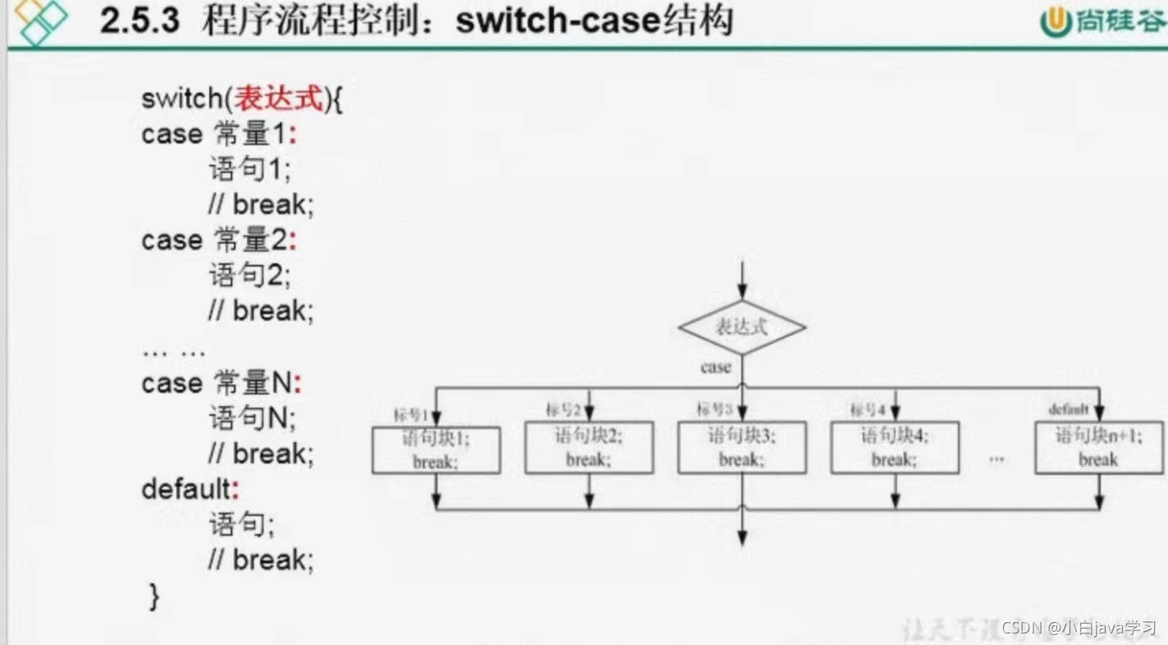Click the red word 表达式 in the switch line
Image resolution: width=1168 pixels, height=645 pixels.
coord(279,99)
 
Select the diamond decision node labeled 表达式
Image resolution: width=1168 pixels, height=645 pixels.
coord(741,327)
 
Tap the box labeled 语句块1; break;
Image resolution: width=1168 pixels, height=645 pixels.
coord(436,450)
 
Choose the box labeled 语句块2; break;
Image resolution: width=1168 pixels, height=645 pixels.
coord(589,447)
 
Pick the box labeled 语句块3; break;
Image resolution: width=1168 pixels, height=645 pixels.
coord(741,447)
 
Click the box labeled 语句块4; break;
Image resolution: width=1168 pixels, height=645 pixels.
coord(895,447)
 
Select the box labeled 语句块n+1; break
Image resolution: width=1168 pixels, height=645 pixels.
coord(1098,447)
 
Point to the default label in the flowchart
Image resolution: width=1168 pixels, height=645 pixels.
coord(1068,409)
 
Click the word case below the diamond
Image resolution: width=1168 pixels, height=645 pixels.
coord(716,368)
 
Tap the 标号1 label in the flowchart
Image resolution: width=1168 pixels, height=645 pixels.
coord(411,414)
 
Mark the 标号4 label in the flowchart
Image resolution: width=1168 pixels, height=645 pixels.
coord(868,409)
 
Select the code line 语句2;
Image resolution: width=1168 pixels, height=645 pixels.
coord(250,275)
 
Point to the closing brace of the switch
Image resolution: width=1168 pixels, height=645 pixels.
coord(154,597)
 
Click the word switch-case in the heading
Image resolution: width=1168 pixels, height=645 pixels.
coord(558,21)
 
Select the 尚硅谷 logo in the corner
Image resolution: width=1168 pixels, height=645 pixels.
coord(1102,21)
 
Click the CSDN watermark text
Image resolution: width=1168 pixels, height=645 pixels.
coord(1022,628)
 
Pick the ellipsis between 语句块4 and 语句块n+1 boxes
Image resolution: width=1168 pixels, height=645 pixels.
coord(996,458)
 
